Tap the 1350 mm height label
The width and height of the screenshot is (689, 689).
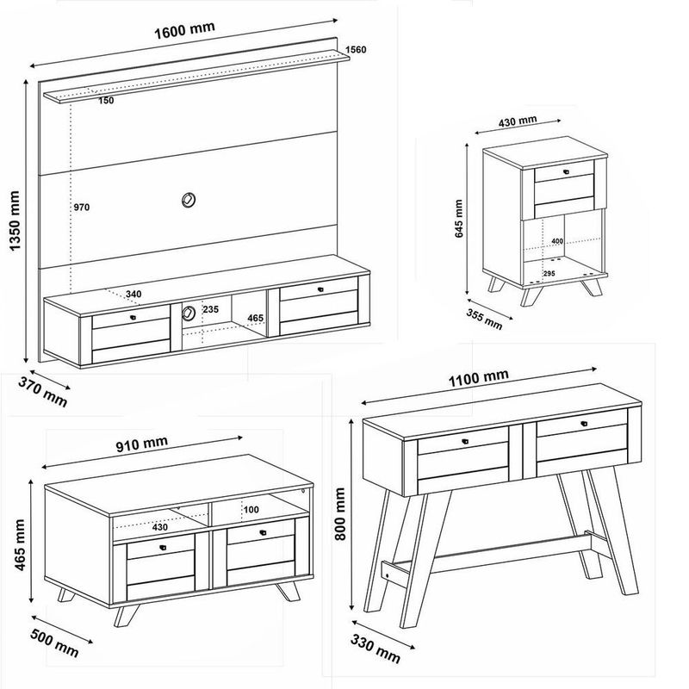[16, 220]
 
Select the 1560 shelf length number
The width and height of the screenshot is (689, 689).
[356, 49]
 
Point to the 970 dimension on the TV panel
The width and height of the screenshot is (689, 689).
[81, 207]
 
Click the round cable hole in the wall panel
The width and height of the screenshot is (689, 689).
[189, 200]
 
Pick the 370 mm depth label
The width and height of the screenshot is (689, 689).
[42, 393]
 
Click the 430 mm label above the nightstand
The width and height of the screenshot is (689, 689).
[518, 121]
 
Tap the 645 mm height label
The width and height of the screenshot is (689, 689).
[459, 219]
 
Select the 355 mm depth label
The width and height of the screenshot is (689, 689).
[484, 319]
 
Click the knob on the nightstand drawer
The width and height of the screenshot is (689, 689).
[566, 171]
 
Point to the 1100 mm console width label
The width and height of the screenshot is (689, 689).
[479, 378]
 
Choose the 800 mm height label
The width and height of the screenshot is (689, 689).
[340, 513]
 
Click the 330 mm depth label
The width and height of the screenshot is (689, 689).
[376, 649]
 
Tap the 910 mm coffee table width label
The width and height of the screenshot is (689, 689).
[142, 444]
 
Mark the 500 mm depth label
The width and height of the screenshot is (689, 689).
[55, 643]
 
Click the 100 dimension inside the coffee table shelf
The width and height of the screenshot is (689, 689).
[251, 510]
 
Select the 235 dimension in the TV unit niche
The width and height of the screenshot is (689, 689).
[210, 309]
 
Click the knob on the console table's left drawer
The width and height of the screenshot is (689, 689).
[465, 442]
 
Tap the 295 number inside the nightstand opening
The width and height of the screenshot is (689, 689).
[549, 273]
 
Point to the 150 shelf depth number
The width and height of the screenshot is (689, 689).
[106, 101]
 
